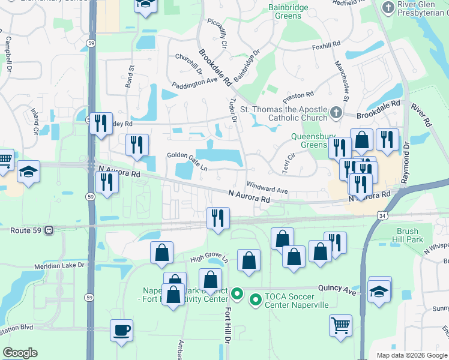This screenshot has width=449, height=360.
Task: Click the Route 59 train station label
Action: [x=28, y=229]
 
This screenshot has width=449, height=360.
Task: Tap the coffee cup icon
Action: [x=122, y=330]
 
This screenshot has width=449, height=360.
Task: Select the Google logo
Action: [x=20, y=353]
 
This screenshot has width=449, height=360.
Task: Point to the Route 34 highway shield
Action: [x=382, y=215]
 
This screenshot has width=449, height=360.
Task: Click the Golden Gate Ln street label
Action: [x=187, y=159]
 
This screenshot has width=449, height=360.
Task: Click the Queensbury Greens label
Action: [x=309, y=140]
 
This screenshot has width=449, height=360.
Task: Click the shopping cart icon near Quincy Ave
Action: [x=340, y=325]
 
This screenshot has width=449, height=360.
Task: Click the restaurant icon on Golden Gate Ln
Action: [x=137, y=145]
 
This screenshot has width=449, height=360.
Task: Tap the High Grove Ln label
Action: [x=209, y=258]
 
